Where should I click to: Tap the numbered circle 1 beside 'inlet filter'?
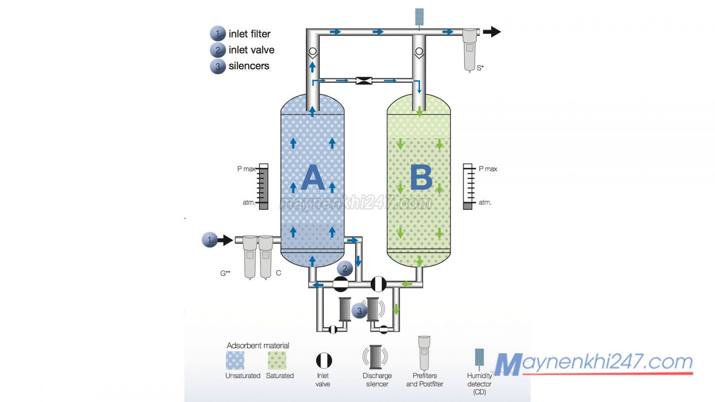[218, 33]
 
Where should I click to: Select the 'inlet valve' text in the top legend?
[251, 50]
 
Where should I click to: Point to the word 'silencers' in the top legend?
[249, 66]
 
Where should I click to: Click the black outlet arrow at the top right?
[492, 32]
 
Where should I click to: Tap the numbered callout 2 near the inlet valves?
[345, 268]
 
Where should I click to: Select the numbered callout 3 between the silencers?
[359, 311]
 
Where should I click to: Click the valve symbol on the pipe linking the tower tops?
[364, 81]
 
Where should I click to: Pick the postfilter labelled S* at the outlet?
[469, 49]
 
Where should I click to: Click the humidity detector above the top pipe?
[419, 17]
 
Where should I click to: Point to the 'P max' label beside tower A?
[246, 169]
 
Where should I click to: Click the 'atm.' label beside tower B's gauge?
[485, 202]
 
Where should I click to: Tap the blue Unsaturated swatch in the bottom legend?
[235, 360]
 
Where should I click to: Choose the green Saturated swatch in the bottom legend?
[277, 360]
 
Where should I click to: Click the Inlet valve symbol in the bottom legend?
[324, 360]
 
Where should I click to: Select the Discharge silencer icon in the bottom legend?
[375, 356]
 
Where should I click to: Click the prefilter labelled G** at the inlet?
[250, 257]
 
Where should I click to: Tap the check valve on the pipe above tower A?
[312, 52]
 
